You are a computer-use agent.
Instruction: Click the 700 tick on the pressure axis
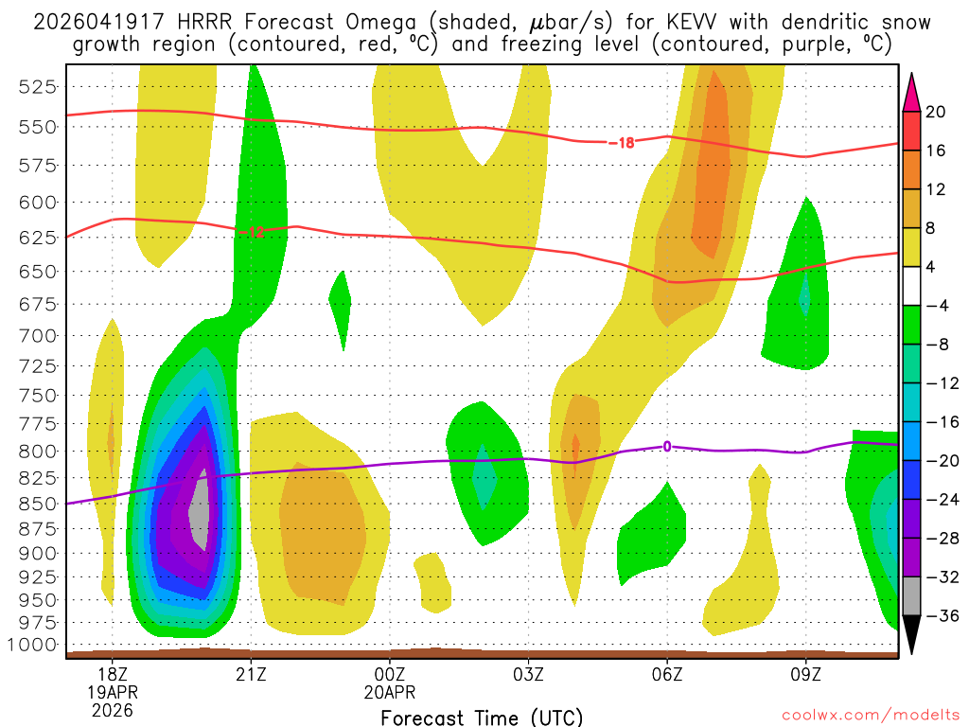(x=38, y=335)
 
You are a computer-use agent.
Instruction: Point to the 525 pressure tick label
(x=38, y=86)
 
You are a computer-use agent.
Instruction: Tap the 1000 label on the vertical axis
(x=34, y=645)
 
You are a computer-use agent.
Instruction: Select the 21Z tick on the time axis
(x=251, y=674)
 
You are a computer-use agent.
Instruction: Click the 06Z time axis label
(x=667, y=674)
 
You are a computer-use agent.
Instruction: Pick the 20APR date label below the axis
(x=391, y=691)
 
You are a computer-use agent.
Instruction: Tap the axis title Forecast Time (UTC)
(x=482, y=717)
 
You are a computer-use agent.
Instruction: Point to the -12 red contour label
(x=252, y=232)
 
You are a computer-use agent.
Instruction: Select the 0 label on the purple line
(x=667, y=446)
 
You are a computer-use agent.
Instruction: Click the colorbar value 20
(x=936, y=112)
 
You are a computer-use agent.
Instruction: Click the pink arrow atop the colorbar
(x=911, y=90)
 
